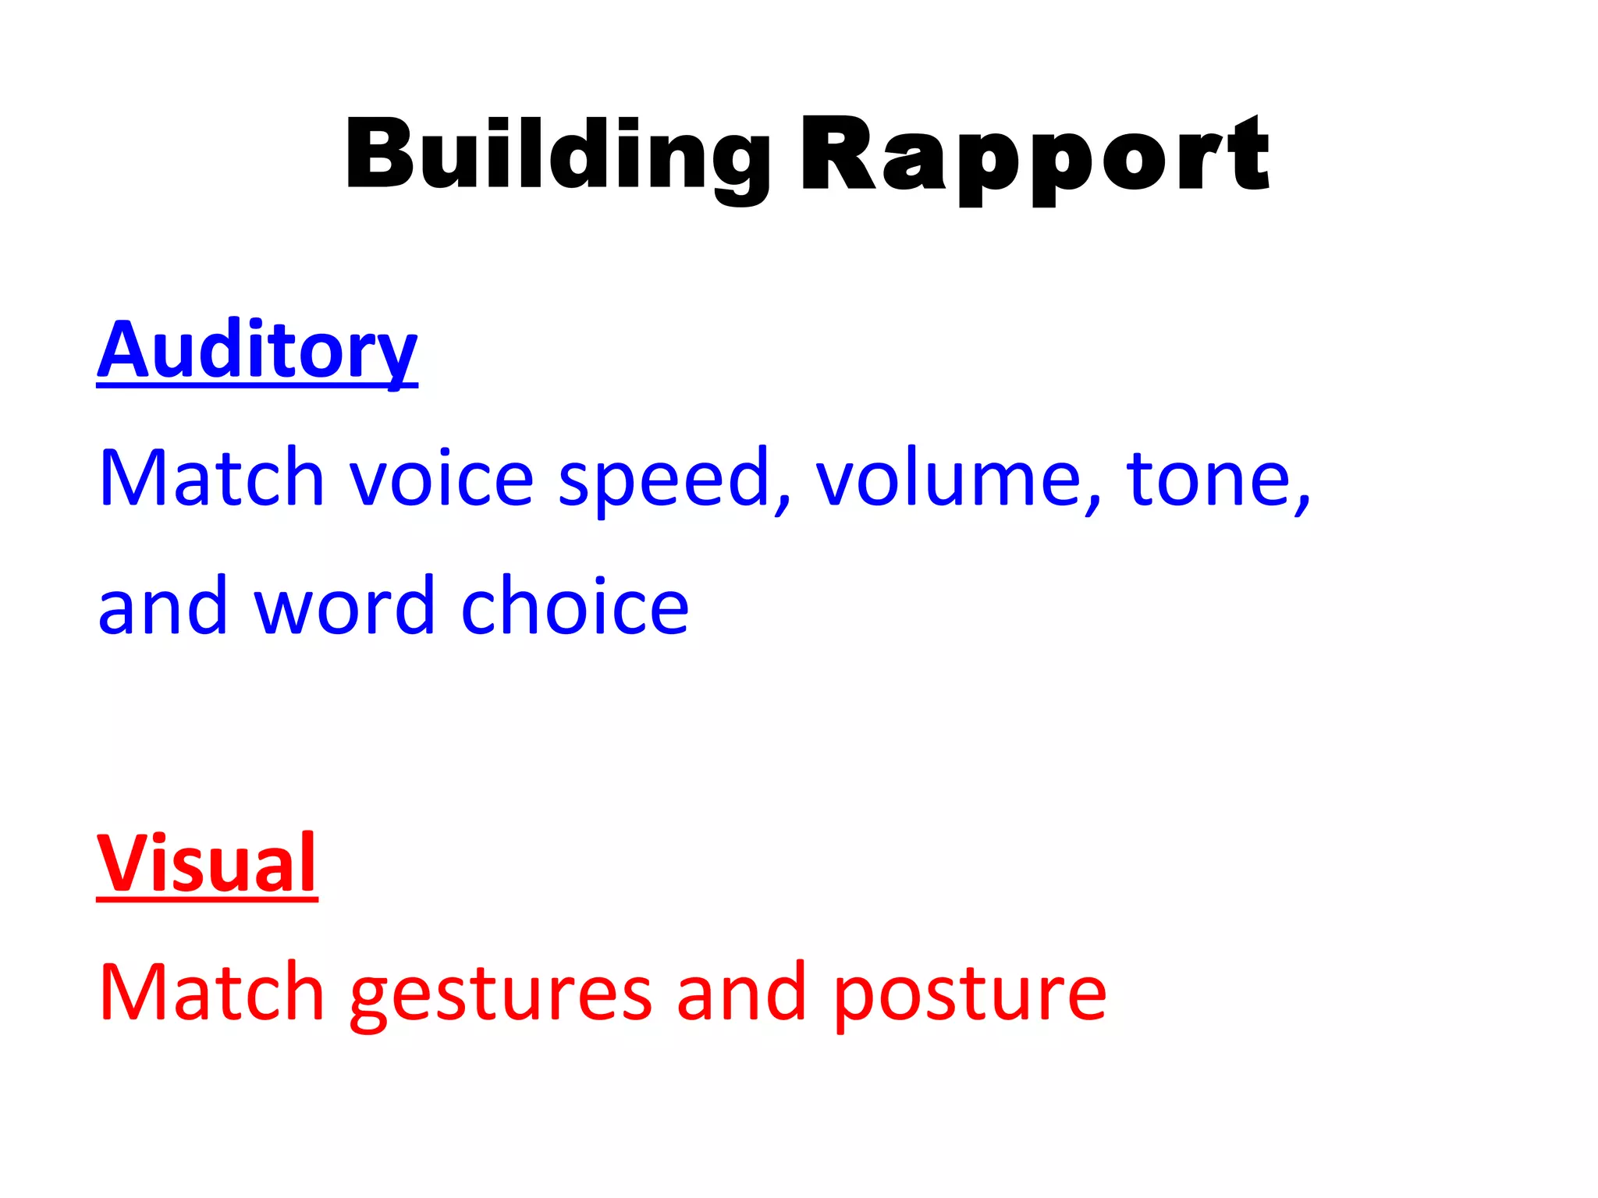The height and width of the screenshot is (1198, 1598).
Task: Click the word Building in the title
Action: coord(557,155)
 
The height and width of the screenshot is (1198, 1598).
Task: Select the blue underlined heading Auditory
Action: coord(257,350)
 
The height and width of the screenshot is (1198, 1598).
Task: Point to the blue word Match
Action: coord(211,477)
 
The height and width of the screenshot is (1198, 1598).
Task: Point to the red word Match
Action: coord(211,992)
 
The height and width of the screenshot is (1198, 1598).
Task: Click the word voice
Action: coord(441,477)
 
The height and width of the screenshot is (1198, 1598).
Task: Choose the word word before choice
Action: coord(344,605)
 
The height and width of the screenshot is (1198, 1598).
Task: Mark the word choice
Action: coord(575,605)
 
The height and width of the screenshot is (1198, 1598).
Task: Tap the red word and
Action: coord(740,992)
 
